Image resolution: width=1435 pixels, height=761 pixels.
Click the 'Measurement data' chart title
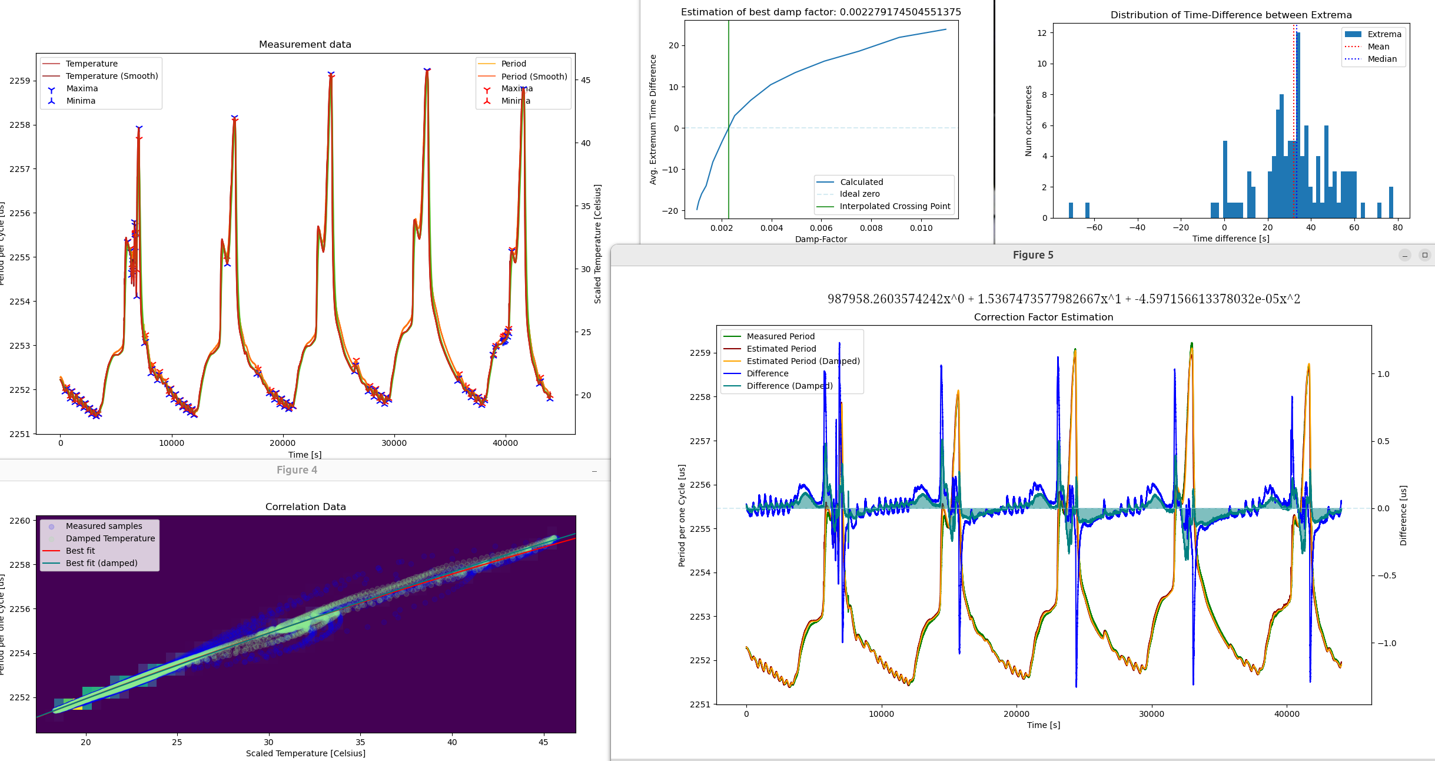(x=305, y=44)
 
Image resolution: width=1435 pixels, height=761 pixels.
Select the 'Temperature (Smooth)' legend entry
(x=111, y=76)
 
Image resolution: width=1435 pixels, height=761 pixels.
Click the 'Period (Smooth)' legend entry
(x=534, y=77)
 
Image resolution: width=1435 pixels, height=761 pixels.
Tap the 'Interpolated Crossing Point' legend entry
(x=895, y=206)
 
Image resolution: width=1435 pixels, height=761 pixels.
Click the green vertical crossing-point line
(x=729, y=88)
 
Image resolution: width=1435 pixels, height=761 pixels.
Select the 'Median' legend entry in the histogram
(x=1382, y=59)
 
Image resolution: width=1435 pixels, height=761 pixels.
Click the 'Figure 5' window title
(x=1033, y=255)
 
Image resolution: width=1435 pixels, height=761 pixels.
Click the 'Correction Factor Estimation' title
(x=1043, y=317)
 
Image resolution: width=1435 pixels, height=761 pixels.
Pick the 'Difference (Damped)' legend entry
(x=789, y=386)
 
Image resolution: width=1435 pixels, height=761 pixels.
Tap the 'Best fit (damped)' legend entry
(x=101, y=563)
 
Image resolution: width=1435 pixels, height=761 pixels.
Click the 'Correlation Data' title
(x=305, y=507)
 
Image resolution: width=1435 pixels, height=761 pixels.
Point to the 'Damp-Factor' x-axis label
(x=821, y=239)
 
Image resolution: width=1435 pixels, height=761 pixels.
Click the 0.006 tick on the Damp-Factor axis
(x=821, y=228)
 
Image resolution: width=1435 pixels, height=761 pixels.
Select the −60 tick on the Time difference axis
(x=1094, y=227)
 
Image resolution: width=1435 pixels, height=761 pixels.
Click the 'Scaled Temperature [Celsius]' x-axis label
(x=305, y=753)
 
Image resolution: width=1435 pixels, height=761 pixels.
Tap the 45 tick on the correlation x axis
(x=543, y=742)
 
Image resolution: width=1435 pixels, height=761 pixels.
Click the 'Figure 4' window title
(x=297, y=470)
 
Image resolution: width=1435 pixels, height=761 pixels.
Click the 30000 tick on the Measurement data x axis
(x=394, y=443)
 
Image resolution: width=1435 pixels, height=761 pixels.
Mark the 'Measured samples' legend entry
(x=104, y=526)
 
